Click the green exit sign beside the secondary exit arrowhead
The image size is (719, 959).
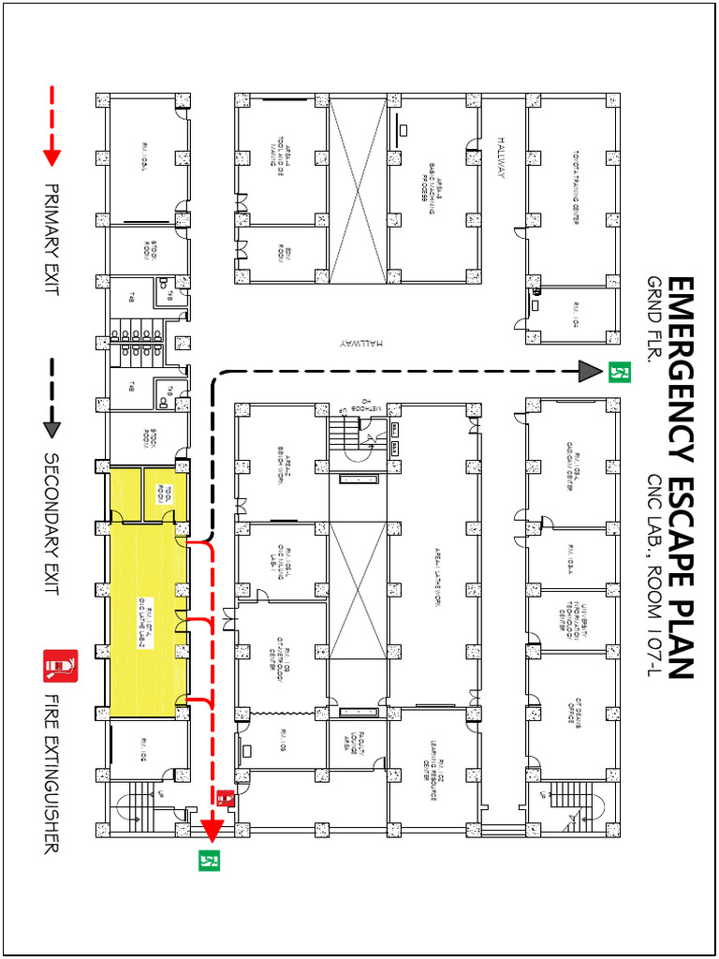click(x=617, y=372)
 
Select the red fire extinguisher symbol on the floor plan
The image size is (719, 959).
click(x=225, y=798)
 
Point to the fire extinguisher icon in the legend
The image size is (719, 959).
click(x=60, y=667)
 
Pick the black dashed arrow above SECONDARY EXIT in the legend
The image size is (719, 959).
click(x=51, y=398)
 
